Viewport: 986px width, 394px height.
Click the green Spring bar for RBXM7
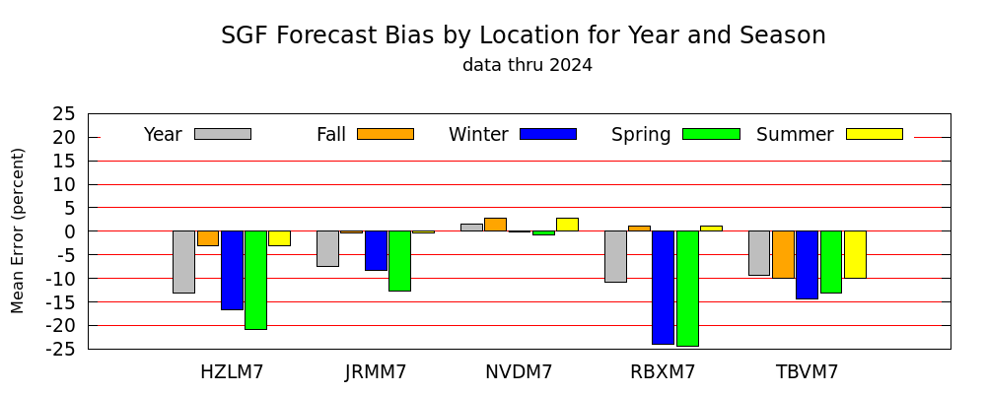coord(687,289)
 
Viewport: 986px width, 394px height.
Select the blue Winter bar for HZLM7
coord(232,270)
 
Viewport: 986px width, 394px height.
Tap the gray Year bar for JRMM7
coord(327,249)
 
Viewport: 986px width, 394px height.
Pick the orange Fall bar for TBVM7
coord(784,254)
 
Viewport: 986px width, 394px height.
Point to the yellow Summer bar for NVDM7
coord(567,225)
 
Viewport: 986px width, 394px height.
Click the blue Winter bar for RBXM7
coord(664,288)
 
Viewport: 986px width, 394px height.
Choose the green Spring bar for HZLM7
coord(256,281)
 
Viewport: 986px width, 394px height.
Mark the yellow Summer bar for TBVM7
coord(855,254)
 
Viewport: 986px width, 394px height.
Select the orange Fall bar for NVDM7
coord(496,225)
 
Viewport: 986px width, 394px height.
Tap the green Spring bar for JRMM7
coord(400,261)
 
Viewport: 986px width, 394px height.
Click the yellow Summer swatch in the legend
coord(875,134)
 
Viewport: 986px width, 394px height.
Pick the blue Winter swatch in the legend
coord(548,134)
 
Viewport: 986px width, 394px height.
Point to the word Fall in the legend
coord(331,135)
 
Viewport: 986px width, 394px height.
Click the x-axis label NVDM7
coord(519,372)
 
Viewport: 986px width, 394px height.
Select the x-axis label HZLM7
coord(232,372)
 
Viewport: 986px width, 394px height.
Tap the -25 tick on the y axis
coord(65,350)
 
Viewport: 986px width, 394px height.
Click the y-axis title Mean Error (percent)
coord(18,230)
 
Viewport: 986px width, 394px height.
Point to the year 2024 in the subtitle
coord(571,65)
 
